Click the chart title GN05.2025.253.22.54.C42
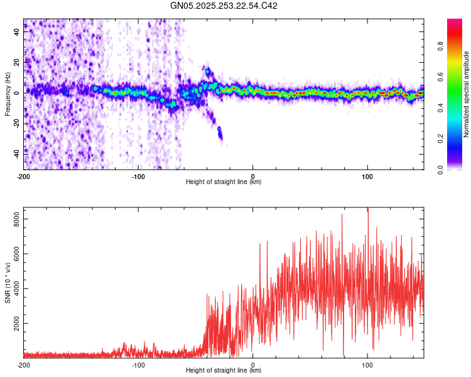[224, 6]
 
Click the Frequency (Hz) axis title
[8, 94]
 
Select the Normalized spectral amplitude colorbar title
[467, 94]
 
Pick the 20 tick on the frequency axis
[17, 62]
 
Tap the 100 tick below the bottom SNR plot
[367, 364]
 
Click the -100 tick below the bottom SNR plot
[138, 364]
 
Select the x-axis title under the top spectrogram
[224, 182]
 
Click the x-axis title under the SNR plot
[224, 370]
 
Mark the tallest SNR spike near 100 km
[368, 210]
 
